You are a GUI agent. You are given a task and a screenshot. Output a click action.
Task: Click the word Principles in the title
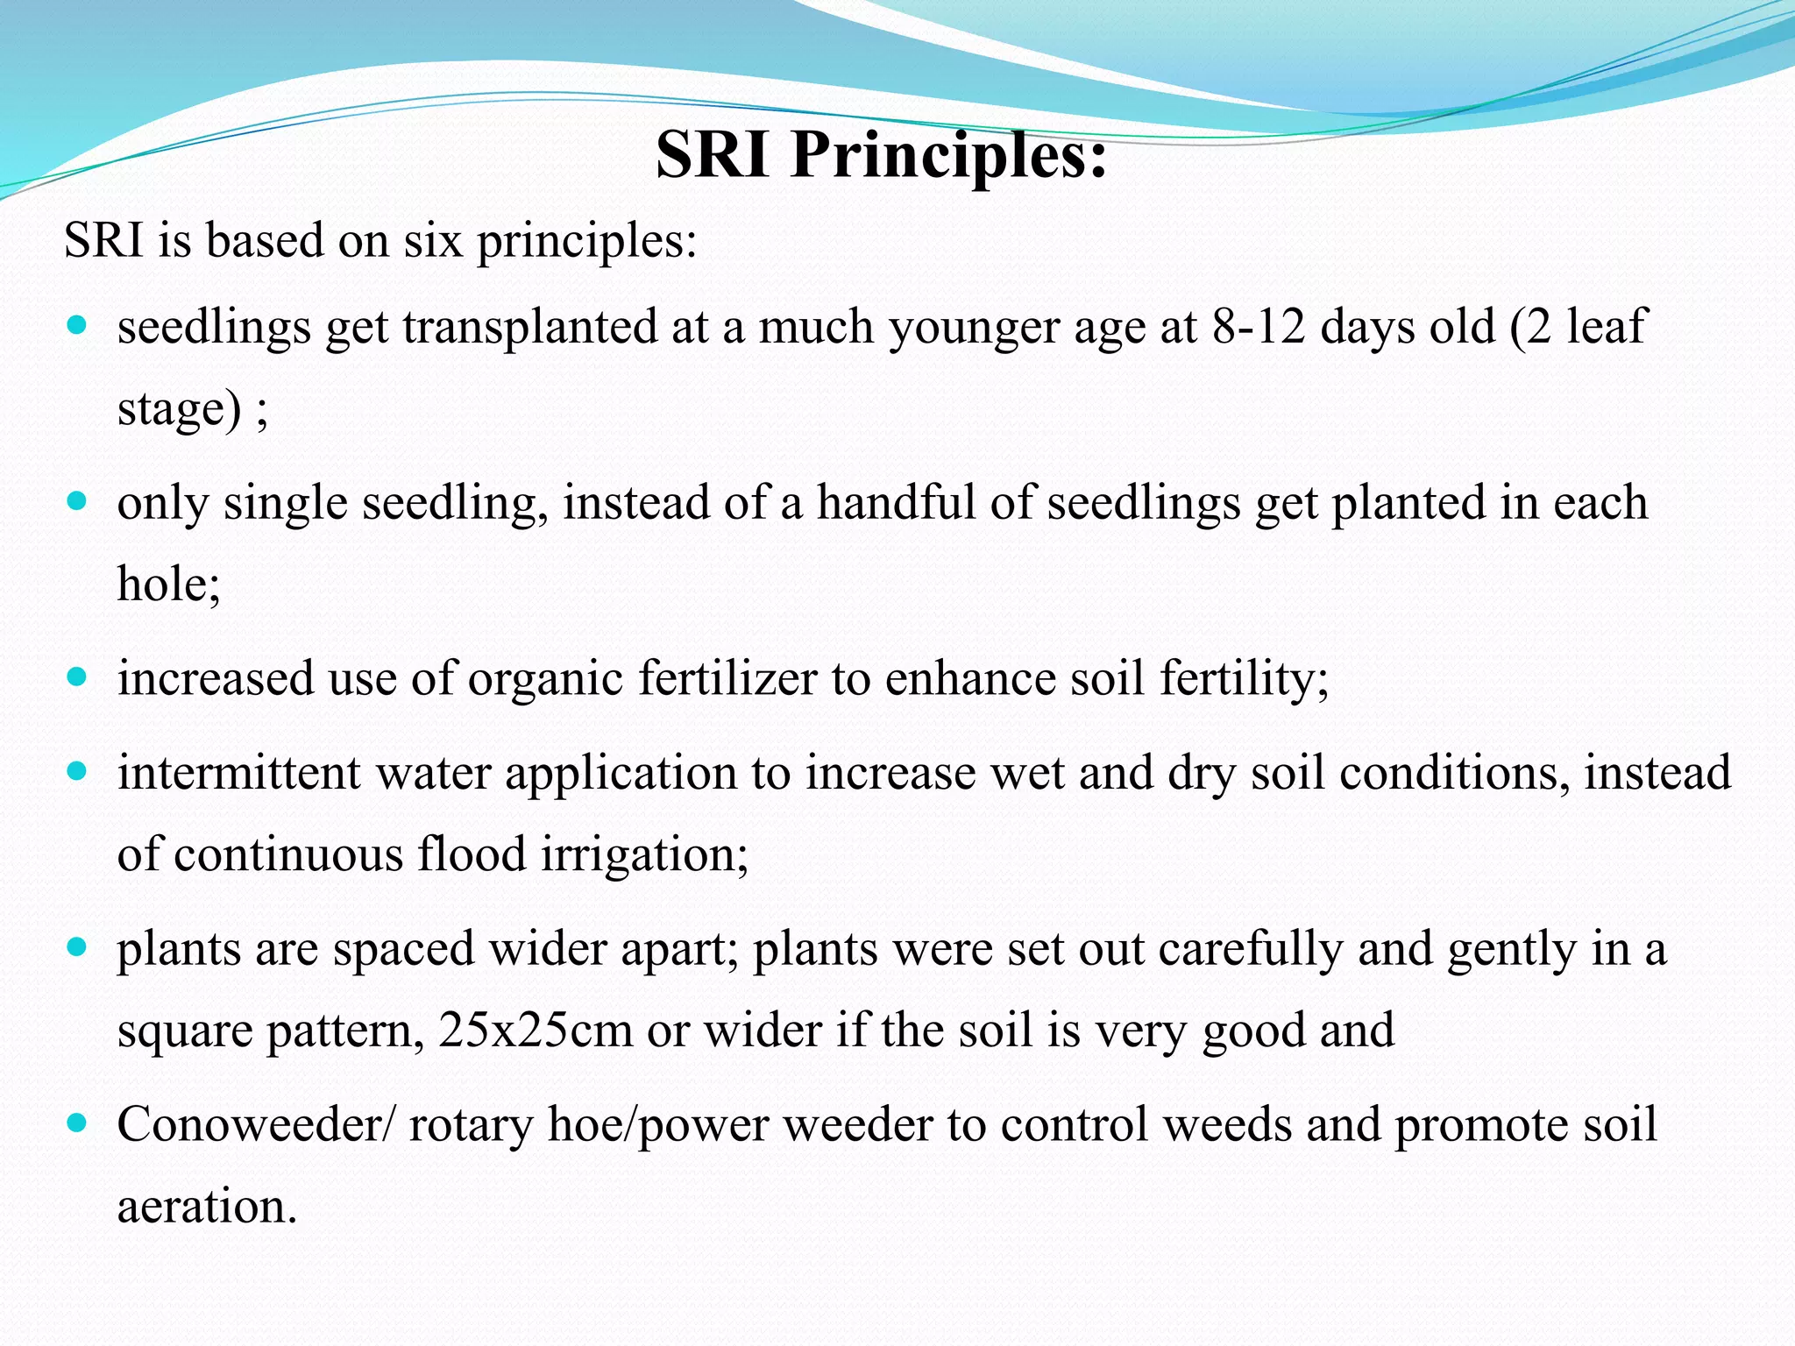click(949, 156)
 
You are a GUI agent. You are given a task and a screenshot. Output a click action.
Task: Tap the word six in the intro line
click(433, 240)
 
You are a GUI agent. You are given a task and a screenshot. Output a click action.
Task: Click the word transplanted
click(529, 328)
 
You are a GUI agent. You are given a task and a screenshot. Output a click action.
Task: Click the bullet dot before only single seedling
click(77, 502)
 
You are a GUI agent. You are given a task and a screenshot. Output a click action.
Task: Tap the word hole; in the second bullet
click(168, 584)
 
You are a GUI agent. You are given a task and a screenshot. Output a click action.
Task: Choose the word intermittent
click(238, 773)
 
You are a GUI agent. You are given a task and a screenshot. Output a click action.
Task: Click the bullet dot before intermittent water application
click(77, 772)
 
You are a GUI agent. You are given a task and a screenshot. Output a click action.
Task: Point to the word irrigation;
click(644, 855)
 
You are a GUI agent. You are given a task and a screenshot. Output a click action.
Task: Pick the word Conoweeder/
click(256, 1125)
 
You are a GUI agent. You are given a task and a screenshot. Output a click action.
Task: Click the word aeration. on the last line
click(207, 1208)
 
